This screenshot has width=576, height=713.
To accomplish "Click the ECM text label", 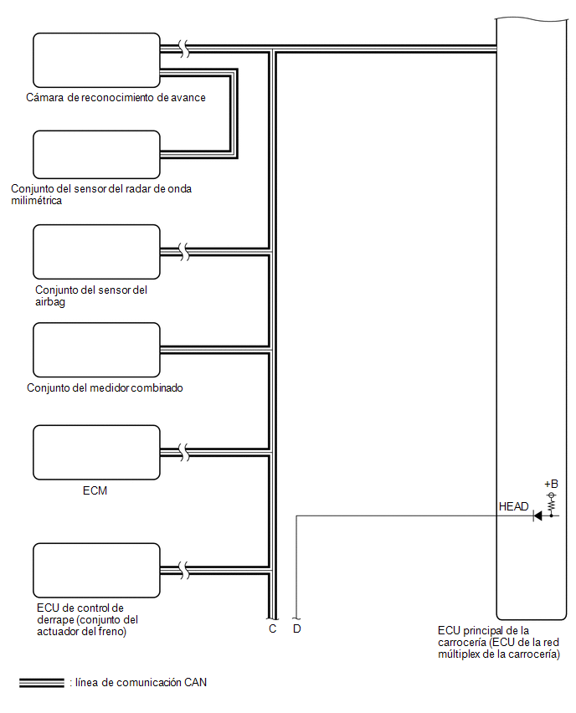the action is pos(95,490).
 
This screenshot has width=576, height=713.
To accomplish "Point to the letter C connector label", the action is pos(273,628).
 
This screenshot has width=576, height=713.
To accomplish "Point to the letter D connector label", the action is pos(296,628).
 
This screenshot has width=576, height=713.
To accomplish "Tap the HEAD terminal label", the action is pos(514,506).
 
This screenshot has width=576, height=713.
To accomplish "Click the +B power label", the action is pos(551,484).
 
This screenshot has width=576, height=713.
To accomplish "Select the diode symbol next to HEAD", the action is pos(537,516).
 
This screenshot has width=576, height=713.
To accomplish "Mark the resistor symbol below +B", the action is pos(552,505).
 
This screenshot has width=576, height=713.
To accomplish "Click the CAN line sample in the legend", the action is pos(42,683).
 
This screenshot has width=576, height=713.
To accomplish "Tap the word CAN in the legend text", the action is pos(195,683).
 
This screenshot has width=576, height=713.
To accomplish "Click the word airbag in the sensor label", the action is pos(50,302).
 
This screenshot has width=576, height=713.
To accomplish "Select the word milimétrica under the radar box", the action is pos(36,201).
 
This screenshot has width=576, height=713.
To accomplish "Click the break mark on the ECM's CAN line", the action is pos(184,453).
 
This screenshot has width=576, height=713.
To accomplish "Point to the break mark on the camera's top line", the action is pos(184,49).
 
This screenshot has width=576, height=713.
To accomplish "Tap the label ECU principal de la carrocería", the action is pos(499,642).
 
